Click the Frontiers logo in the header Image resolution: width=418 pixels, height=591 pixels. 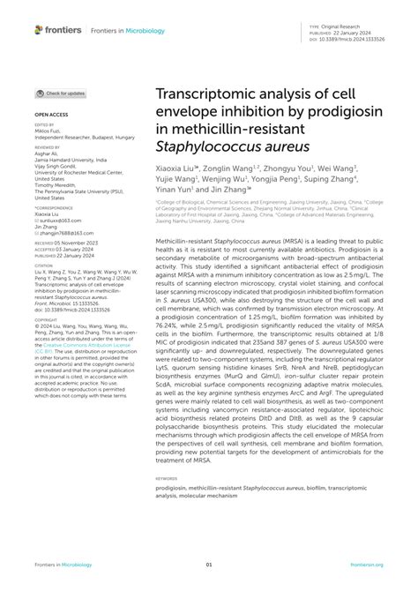coord(57,30)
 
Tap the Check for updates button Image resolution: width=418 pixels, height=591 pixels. coord(62,93)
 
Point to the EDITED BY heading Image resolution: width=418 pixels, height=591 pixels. coord(45,124)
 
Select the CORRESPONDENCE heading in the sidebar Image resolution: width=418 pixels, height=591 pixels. coord(54,208)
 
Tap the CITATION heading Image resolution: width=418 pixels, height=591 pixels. coord(45,263)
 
